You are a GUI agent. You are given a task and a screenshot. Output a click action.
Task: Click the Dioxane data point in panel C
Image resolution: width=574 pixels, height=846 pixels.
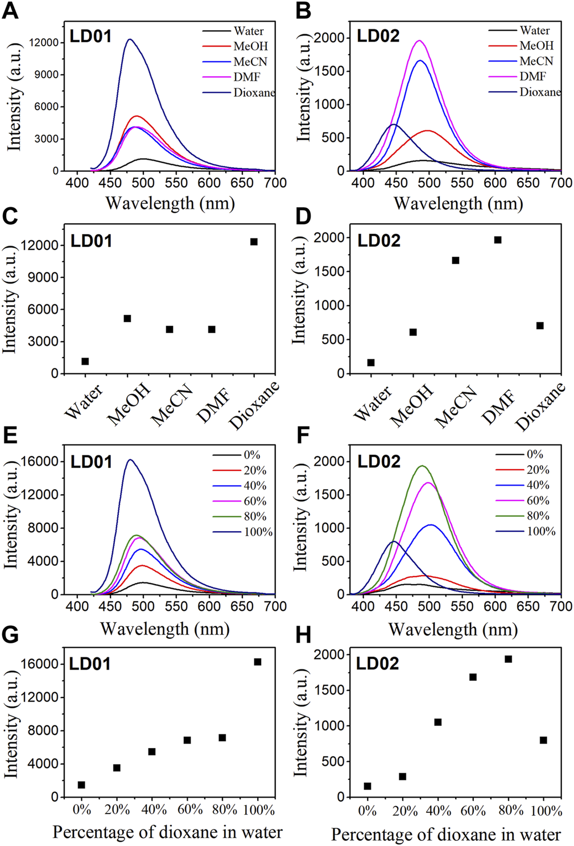click(254, 242)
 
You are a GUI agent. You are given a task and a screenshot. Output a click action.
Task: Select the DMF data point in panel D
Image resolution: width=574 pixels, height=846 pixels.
click(498, 240)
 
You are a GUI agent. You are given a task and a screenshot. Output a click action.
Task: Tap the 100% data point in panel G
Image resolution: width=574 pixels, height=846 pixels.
click(258, 662)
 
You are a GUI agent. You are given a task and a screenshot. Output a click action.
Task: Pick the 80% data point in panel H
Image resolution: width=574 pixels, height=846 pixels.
click(508, 659)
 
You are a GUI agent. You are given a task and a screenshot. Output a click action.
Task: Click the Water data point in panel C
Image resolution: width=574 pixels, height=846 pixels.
click(85, 362)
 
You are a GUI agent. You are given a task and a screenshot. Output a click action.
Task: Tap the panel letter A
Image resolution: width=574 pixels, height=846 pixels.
click(11, 11)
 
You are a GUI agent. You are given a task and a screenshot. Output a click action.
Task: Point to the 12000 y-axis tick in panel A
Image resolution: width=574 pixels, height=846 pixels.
click(43, 43)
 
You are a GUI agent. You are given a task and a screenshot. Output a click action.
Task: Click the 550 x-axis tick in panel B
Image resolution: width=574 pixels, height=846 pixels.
click(462, 183)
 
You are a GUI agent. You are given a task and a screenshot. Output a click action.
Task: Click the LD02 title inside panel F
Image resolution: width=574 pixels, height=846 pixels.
click(379, 462)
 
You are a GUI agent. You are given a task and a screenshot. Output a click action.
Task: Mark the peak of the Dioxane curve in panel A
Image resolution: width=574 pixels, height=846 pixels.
click(130, 39)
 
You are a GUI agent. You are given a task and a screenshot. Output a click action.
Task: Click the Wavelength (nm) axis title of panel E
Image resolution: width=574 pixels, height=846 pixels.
click(165, 629)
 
